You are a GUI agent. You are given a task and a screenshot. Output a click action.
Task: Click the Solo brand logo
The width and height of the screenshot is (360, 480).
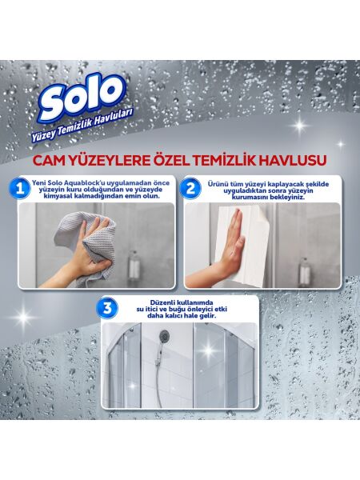82,98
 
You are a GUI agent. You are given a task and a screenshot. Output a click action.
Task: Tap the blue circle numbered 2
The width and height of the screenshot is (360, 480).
191,190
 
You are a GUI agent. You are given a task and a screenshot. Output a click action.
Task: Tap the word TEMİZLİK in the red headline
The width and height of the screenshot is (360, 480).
237,162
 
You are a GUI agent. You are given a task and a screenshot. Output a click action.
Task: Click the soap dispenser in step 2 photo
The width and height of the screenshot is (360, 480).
304,270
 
